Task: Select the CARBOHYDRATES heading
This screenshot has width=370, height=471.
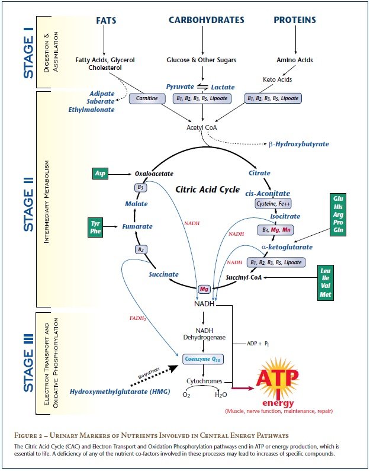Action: [x=206, y=20]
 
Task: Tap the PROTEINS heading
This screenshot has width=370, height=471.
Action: [x=294, y=20]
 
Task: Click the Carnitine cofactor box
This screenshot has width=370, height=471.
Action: [x=147, y=98]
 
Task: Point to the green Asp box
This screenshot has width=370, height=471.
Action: [x=100, y=174]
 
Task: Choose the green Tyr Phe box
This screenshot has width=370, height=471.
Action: [x=96, y=227]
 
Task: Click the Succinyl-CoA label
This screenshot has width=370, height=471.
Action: [x=246, y=277]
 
